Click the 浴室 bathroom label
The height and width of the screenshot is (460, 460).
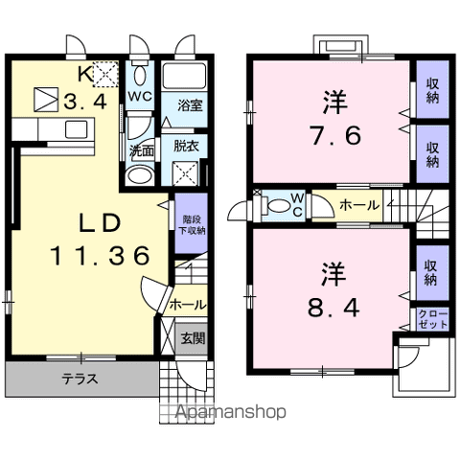190,105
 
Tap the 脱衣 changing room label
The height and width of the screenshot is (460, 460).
186,146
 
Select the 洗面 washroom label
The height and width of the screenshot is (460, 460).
142,151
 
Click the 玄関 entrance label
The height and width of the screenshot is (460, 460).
193,338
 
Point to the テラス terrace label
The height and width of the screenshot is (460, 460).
80,379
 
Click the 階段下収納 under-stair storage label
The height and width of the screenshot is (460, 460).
192,225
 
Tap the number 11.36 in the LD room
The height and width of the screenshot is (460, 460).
100,256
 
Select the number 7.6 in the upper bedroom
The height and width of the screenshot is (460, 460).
336,135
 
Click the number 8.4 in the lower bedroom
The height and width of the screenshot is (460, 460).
334,307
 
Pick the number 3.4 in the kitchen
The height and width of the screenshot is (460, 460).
85,103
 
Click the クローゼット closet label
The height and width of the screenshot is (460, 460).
433,319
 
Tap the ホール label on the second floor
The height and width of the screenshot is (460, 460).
359,205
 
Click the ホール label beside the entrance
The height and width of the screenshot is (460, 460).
188,305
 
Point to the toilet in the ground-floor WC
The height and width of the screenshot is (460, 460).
140,74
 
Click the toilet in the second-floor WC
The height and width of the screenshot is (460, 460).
277,206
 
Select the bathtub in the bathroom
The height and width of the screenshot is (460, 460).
184,76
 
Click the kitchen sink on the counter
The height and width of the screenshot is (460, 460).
76,129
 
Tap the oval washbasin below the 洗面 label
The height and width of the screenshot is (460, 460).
139,175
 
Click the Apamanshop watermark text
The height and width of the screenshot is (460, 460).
231,412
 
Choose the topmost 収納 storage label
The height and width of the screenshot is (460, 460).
432,91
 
